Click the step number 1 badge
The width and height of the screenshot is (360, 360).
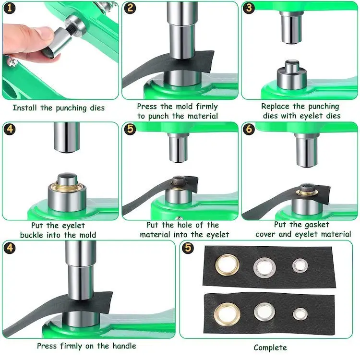tap(10, 8)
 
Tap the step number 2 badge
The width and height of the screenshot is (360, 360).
tap(130, 8)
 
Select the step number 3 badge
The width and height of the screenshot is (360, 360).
tap(249, 8)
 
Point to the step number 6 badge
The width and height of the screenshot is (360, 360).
tap(249, 129)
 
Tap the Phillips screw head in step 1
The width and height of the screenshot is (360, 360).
tap(12, 61)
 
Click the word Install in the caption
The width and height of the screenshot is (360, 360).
tap(24, 108)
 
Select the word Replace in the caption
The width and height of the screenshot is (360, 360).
tap(275, 106)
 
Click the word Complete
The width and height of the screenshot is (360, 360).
tap(270, 348)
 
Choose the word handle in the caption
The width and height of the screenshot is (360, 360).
tap(124, 346)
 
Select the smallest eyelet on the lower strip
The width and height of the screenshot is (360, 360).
tap(300, 314)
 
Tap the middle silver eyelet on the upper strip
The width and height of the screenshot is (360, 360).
tap(264, 268)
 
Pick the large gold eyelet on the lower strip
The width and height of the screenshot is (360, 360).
tap(227, 314)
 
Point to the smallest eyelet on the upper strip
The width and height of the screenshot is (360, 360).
tap(300, 265)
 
